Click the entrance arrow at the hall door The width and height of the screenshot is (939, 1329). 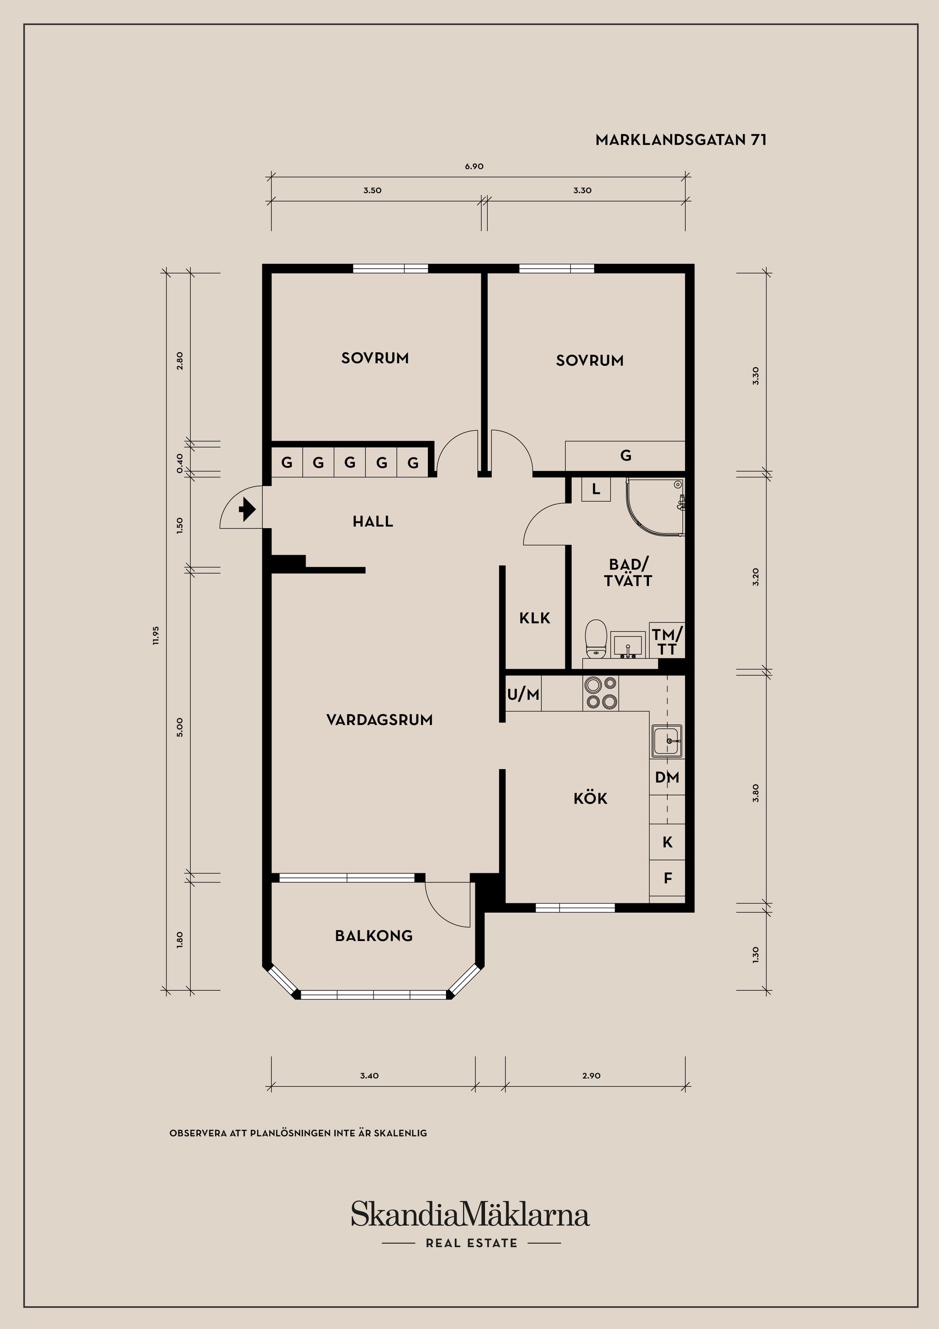[247, 510]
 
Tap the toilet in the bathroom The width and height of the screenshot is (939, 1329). [595, 640]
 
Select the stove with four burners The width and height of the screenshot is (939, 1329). [601, 693]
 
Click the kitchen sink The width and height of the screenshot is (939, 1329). [667, 741]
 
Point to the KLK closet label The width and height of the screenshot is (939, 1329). [535, 618]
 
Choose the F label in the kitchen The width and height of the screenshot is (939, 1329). [668, 878]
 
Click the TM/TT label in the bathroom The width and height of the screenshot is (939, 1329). [667, 642]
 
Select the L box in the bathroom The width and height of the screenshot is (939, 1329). [596, 490]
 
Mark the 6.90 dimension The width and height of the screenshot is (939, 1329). [474, 167]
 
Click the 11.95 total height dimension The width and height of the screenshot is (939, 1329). [156, 635]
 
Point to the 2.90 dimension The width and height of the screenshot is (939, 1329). [591, 1076]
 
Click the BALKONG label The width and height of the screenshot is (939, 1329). [374, 936]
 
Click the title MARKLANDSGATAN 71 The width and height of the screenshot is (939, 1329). [681, 140]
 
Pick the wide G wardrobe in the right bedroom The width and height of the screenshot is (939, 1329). [626, 456]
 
